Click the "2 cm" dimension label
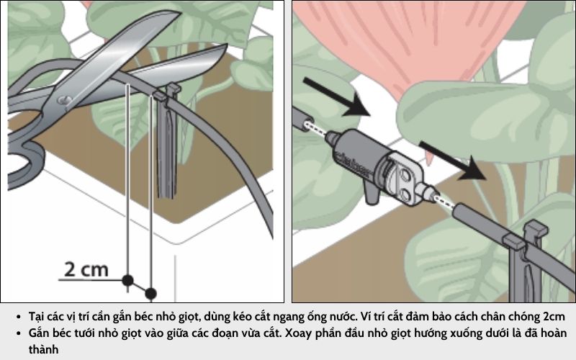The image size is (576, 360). [86, 269]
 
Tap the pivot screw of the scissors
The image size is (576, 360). [65, 100]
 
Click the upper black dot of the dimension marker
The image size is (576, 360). [127, 281]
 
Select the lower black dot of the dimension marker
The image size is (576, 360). [150, 294]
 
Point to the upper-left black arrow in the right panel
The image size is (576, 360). [337, 96]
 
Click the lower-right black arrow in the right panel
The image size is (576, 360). [453, 161]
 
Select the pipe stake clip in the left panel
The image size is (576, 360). [166, 140]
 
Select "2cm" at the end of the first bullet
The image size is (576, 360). [554, 316]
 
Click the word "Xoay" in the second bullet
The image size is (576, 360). [299, 333]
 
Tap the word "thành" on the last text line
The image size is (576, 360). [43, 349]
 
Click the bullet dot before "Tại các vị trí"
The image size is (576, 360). [19, 317]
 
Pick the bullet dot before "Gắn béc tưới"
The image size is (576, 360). [19, 333]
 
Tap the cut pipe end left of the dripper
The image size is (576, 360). [303, 118]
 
